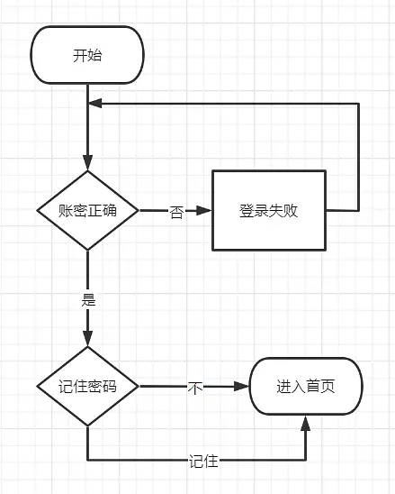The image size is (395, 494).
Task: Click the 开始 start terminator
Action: [x=87, y=55]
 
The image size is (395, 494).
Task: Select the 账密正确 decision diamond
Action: [x=87, y=210]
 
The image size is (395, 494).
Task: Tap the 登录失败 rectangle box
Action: [x=268, y=210]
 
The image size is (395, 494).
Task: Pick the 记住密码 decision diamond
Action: [x=87, y=387]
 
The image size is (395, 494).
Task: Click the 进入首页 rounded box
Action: [x=305, y=387]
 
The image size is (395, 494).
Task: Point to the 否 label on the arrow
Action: [x=176, y=213]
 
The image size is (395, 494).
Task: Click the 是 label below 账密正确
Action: [x=88, y=300]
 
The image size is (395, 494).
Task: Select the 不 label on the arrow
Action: [x=194, y=388]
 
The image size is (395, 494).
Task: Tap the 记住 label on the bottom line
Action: [x=203, y=461]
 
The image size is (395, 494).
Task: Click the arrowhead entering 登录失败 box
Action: [x=206, y=211]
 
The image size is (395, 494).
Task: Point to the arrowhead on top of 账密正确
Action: [x=87, y=163]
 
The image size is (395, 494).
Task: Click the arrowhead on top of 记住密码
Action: [x=87, y=340]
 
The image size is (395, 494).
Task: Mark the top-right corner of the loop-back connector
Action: [x=359, y=104]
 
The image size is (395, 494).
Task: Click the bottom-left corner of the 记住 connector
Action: [x=87, y=461]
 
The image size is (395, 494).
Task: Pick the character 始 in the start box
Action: [x=94, y=55]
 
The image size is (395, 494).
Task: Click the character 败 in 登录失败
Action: [x=291, y=211]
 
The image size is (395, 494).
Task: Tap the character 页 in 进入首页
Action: [x=328, y=387]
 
